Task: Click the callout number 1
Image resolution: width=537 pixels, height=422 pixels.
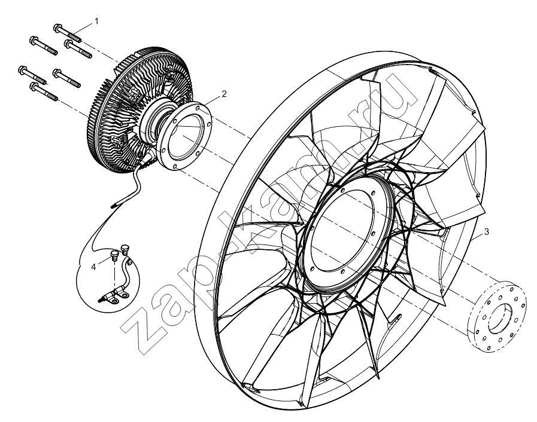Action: [96, 21]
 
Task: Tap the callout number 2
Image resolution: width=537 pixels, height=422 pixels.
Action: [224, 94]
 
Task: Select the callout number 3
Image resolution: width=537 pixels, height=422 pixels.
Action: [487, 232]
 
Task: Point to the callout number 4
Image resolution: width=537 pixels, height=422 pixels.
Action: [93, 267]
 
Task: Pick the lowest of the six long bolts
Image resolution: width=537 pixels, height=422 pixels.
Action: [44, 91]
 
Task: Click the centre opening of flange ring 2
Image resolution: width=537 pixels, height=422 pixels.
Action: [187, 137]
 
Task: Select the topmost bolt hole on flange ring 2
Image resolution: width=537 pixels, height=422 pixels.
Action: [198, 108]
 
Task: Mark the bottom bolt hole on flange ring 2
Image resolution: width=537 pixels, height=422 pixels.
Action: [175, 167]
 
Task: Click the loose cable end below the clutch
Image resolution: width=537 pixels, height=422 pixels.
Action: [114, 206]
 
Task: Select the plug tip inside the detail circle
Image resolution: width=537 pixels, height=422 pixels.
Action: [99, 301]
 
